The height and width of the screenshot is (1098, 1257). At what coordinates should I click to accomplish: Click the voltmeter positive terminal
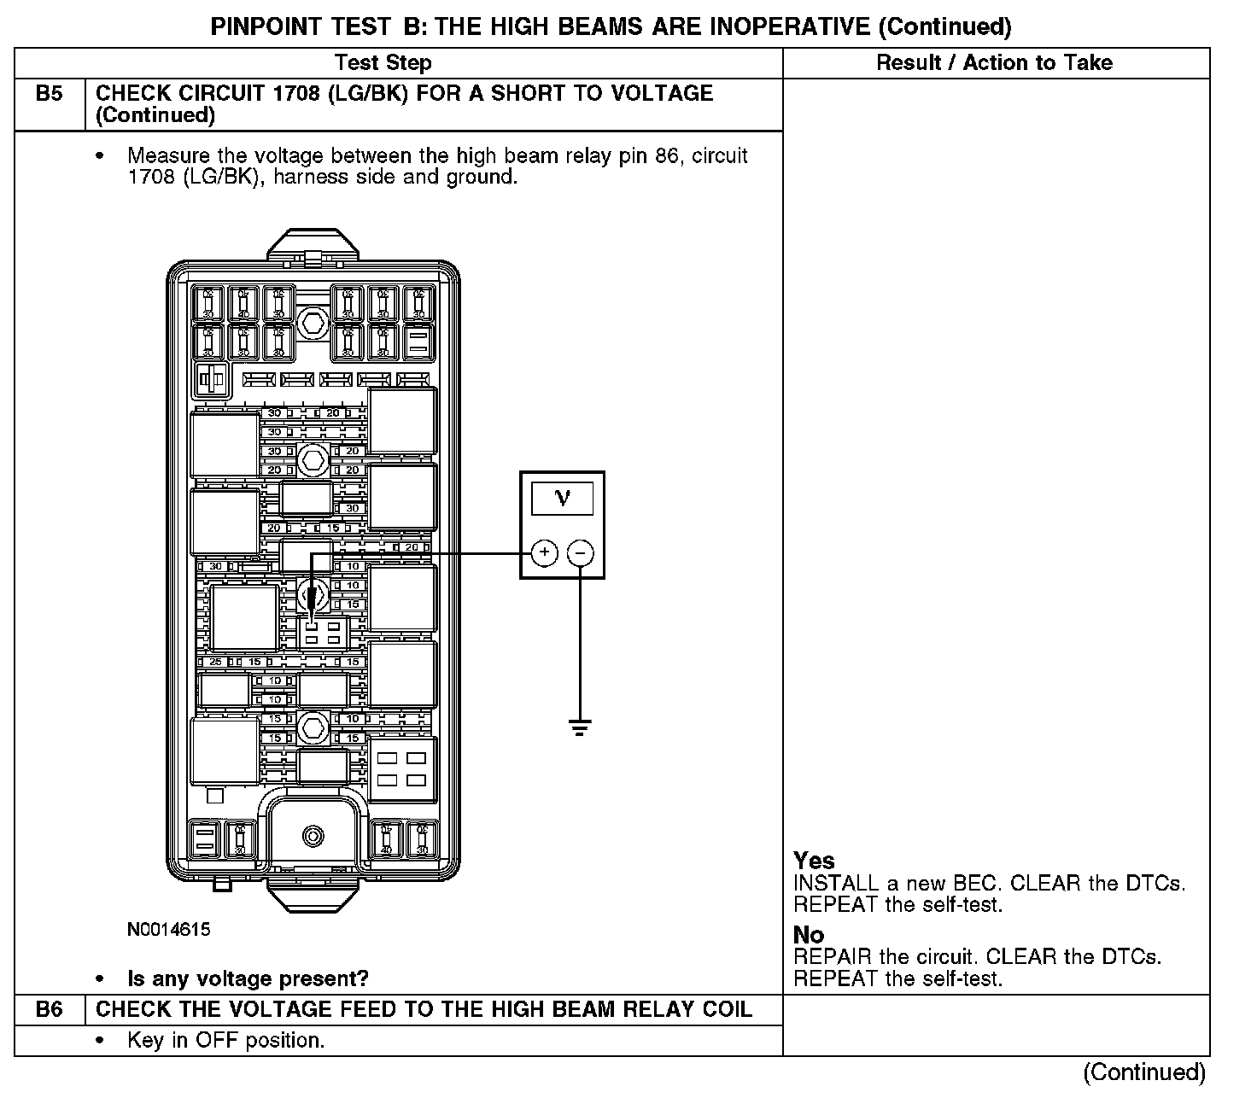pyautogui.click(x=545, y=553)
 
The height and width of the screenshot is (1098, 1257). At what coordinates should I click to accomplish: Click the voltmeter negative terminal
pyautogui.click(x=581, y=553)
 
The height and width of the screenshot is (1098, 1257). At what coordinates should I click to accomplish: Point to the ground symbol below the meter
pyautogui.click(x=581, y=727)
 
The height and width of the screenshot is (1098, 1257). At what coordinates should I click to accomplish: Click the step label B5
pyautogui.click(x=50, y=94)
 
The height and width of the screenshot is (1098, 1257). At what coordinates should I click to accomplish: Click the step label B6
pyautogui.click(x=50, y=1010)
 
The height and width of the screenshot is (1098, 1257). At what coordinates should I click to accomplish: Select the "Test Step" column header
pyautogui.click(x=383, y=62)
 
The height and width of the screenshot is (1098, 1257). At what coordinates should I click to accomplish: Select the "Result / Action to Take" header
pyautogui.click(x=995, y=62)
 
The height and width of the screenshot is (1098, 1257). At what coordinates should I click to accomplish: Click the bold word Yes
pyautogui.click(x=814, y=861)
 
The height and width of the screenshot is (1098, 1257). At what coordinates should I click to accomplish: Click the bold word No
pyautogui.click(x=809, y=935)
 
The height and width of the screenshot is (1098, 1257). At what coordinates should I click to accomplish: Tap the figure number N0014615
pyautogui.click(x=169, y=930)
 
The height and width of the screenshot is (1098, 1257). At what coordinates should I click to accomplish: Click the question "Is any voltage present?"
pyautogui.click(x=248, y=978)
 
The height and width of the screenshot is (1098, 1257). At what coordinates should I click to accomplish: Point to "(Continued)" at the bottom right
pyautogui.click(x=1144, y=1072)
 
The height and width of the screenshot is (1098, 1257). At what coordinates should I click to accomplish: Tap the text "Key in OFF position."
pyautogui.click(x=225, y=1040)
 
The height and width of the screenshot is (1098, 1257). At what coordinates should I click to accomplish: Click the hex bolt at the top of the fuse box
pyautogui.click(x=312, y=324)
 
